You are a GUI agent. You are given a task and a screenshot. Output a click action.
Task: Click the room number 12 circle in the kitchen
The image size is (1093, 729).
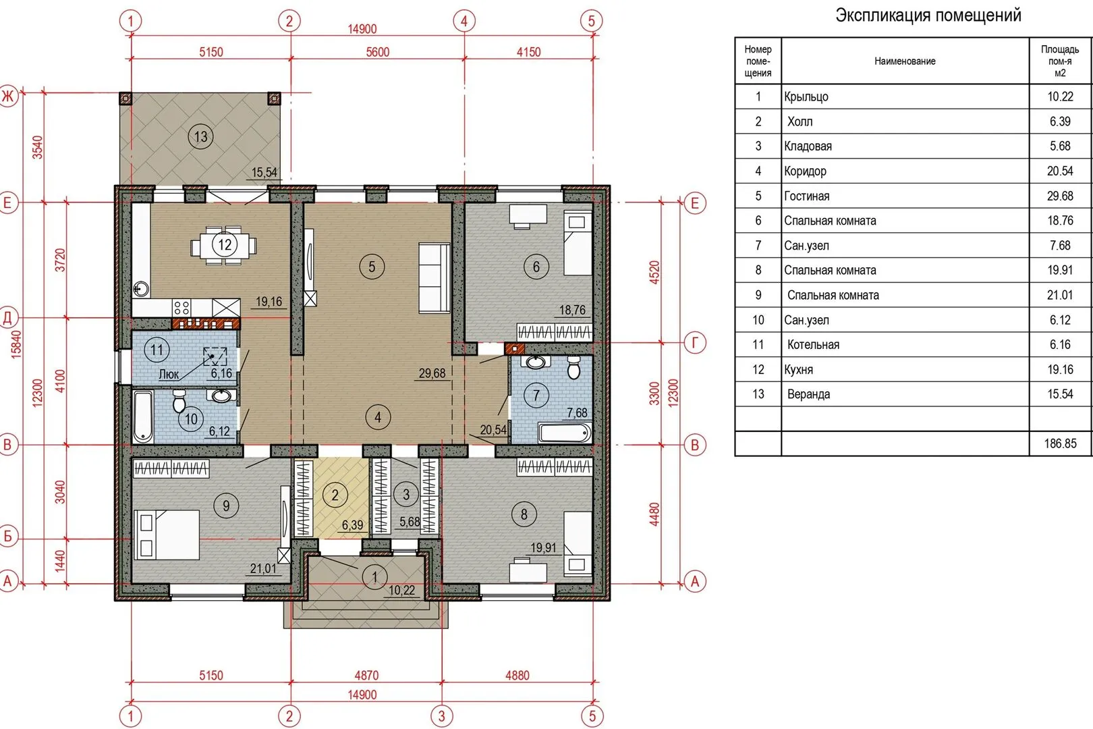pyautogui.click(x=225, y=244)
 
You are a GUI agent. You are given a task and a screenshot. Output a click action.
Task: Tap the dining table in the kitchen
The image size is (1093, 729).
pyautogui.click(x=224, y=245)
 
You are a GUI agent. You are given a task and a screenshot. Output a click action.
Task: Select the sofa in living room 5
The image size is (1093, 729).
pyautogui.click(x=435, y=277)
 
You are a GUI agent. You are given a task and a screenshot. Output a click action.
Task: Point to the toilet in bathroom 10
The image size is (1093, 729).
pyautogui.click(x=179, y=401)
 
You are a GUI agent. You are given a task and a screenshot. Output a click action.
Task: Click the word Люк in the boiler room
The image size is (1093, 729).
pyautogui.click(x=169, y=375)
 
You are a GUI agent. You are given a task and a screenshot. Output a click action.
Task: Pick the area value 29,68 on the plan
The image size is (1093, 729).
pyautogui.click(x=432, y=373)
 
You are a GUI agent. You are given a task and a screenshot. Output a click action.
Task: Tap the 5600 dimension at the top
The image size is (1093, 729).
pyautogui.click(x=378, y=52)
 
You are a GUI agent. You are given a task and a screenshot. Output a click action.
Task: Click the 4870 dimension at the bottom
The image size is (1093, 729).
pyautogui.click(x=366, y=676)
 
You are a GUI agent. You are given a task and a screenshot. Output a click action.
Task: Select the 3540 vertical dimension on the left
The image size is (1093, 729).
pyautogui.click(x=38, y=147)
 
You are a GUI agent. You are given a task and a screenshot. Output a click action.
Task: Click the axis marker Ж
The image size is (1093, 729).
pyautogui.click(x=8, y=96)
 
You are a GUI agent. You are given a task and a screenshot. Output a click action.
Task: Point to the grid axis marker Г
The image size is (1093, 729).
pyautogui.click(x=695, y=343)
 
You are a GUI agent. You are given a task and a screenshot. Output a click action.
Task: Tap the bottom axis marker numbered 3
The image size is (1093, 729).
pyautogui.click(x=442, y=716)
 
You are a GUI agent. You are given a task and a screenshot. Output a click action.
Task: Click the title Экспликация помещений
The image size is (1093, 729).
pyautogui.click(x=928, y=16)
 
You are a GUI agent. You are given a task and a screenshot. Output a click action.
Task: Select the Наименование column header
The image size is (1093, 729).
pyautogui.click(x=905, y=61)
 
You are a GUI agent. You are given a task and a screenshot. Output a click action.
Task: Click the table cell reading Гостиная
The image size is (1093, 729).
pyautogui.click(x=806, y=196)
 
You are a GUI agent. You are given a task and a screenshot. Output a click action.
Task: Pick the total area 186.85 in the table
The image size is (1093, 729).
pyautogui.click(x=1060, y=443)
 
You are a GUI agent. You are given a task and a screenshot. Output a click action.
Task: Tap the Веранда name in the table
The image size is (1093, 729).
pyautogui.click(x=808, y=394)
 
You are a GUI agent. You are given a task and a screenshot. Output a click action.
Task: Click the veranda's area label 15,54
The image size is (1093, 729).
pyautogui.click(x=264, y=172)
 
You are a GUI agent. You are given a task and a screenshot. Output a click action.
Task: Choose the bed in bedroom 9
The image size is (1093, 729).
pyautogui.click(x=167, y=535)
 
